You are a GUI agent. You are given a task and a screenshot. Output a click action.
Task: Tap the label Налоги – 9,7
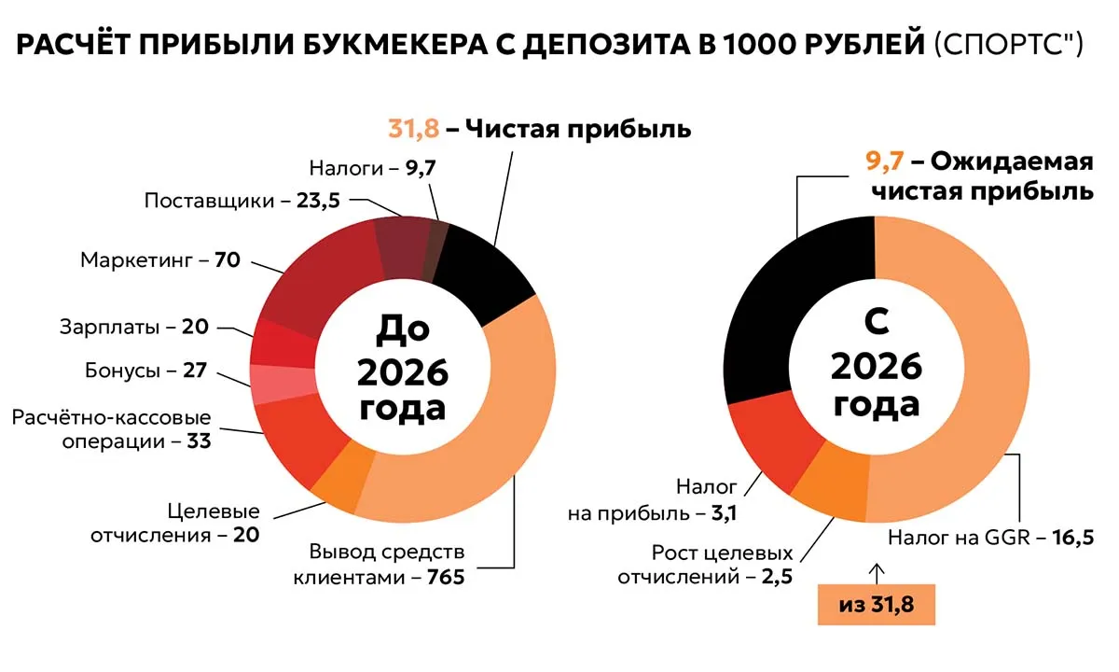point(372,168)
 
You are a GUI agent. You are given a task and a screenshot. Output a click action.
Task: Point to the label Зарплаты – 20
point(133,328)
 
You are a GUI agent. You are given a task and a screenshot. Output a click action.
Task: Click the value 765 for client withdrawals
point(445,577)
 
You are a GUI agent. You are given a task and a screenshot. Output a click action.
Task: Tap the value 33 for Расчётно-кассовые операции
point(199,441)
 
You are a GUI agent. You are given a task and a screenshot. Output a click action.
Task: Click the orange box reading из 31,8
point(876,604)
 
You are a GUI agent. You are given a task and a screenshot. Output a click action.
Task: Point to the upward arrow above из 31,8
point(876,569)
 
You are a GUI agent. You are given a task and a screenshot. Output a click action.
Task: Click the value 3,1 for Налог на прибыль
point(718,512)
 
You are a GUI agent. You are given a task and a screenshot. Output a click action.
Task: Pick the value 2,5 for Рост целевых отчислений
point(776,576)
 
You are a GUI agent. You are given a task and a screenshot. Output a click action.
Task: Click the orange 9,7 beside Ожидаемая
point(884,161)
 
